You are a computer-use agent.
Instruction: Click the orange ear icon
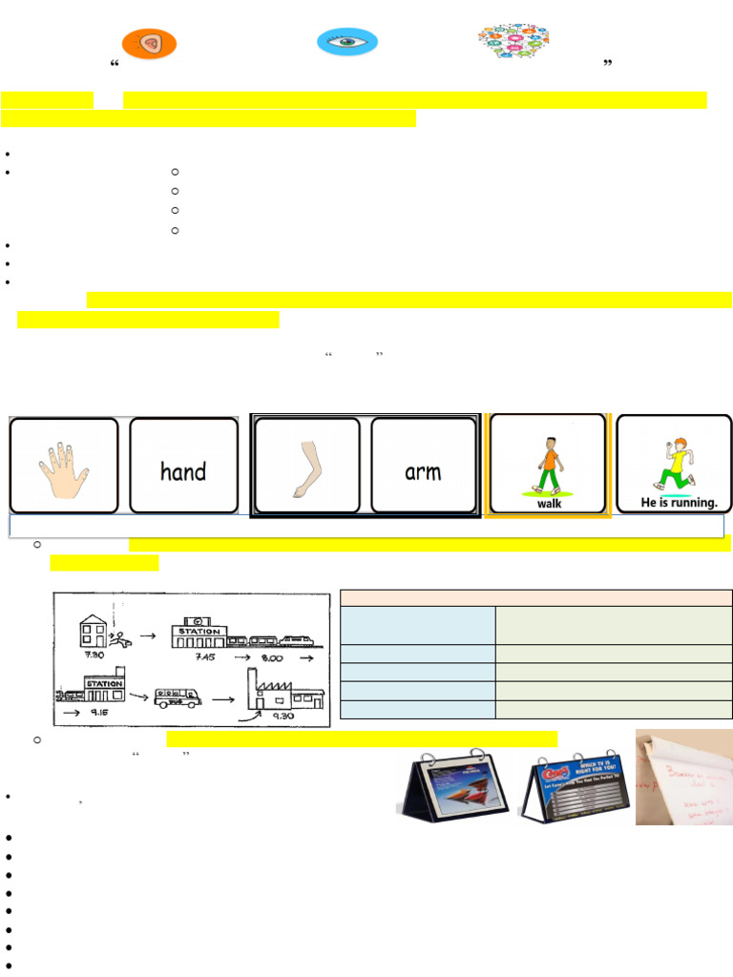150,43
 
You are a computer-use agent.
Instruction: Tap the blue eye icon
347,42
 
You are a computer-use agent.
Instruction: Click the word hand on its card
183,471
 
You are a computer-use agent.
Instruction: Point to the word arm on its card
423,471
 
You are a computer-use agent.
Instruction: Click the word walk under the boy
549,504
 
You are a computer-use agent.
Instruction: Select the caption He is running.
676,503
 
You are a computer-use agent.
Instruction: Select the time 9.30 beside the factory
283,717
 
